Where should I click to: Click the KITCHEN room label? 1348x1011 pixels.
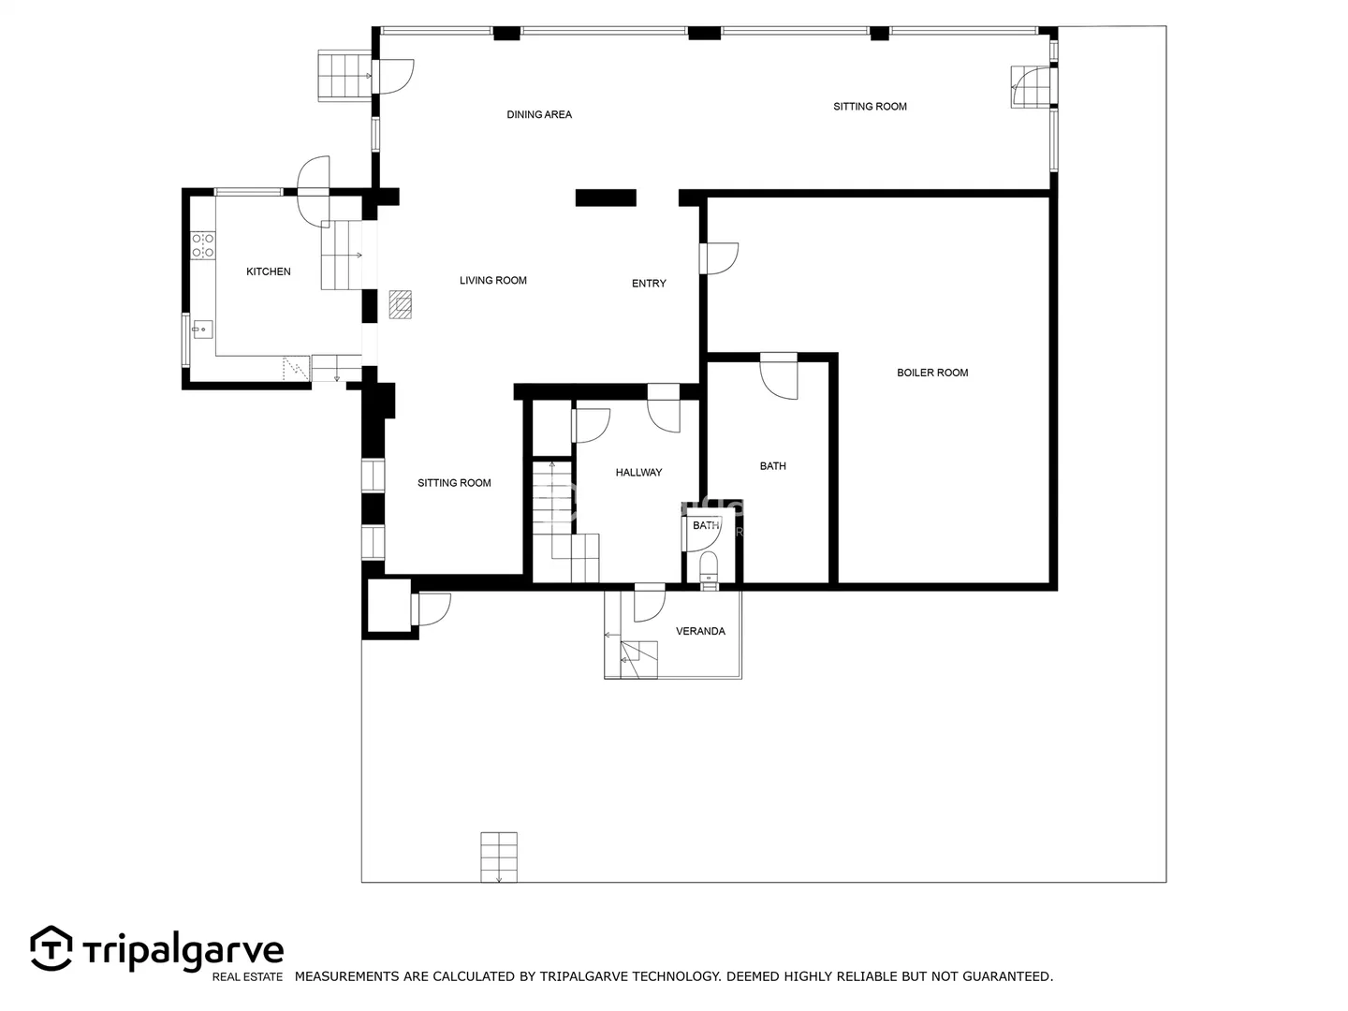269,271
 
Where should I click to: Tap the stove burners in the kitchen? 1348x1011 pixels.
202,245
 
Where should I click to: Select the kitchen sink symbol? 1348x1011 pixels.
202,330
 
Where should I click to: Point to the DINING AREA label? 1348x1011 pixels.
539,114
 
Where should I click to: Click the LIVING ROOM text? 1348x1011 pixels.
493,281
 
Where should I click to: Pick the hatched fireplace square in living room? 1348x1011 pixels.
401,304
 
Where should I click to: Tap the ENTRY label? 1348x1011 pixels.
649,284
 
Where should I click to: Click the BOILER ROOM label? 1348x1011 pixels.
932,373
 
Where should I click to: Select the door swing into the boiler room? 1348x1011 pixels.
719,258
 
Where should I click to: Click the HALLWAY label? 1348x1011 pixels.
638,472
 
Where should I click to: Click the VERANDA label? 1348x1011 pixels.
701,631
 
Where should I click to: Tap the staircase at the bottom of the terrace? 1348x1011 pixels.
499,857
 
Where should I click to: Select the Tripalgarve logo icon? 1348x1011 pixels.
51,948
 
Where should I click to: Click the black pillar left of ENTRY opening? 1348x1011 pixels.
606,198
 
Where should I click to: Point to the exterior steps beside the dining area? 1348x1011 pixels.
344,76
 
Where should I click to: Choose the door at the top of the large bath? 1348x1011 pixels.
779,375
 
